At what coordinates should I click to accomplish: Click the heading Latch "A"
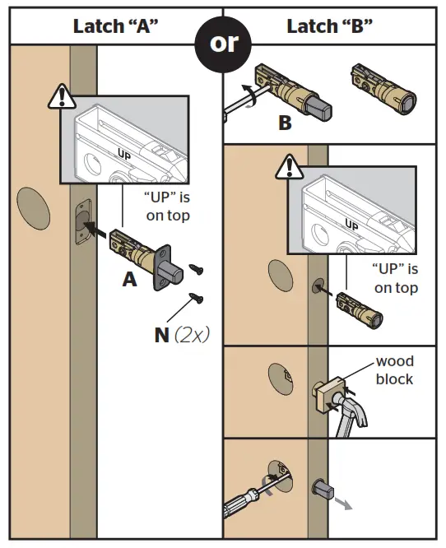click(x=115, y=26)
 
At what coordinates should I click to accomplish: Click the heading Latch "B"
click(x=329, y=26)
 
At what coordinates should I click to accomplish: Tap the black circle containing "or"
click(x=222, y=44)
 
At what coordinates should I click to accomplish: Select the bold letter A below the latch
click(x=129, y=280)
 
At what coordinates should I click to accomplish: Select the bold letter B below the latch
click(x=285, y=123)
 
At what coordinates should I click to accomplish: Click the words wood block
click(x=395, y=370)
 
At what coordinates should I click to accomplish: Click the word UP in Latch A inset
click(x=125, y=154)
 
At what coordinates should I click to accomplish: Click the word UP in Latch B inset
click(x=351, y=223)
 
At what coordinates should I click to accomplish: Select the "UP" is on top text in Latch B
click(x=396, y=278)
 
